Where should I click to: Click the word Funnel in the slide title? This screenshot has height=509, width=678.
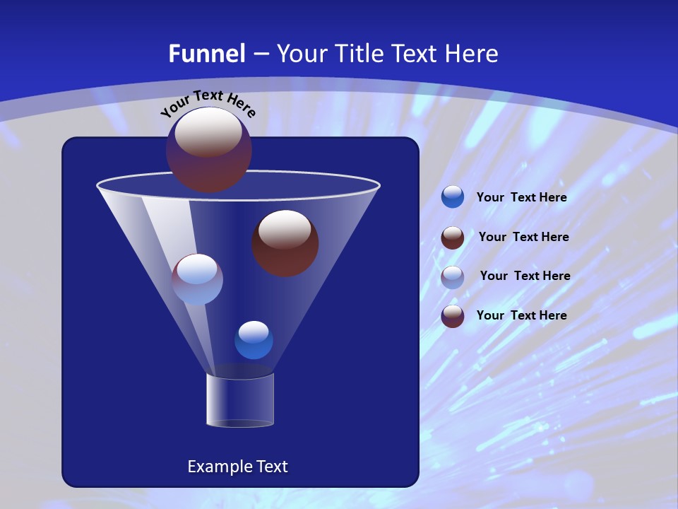tap(206, 54)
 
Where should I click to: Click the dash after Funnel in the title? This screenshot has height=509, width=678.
tap(260, 54)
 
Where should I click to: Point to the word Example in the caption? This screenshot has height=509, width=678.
tap(219, 467)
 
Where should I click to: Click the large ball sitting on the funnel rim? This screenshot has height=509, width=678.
tap(209, 149)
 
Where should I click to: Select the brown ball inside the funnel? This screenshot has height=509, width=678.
tap(285, 243)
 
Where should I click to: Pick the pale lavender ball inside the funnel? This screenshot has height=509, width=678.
tap(198, 279)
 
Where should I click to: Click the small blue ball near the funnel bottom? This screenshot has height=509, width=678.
tap(254, 340)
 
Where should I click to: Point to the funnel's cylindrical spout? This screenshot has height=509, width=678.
tap(240, 401)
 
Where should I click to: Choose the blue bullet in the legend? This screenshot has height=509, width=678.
tap(453, 197)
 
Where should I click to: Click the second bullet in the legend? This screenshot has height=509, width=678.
tap(453, 238)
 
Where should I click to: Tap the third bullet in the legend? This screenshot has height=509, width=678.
tap(453, 276)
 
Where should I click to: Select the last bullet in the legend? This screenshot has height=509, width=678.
tap(453, 316)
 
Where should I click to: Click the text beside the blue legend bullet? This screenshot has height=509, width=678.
tap(521, 198)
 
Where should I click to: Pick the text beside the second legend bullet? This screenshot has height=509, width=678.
tap(523, 238)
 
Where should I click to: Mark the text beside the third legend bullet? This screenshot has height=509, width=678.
tap(525, 276)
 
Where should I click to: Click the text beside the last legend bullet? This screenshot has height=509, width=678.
tap(521, 315)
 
